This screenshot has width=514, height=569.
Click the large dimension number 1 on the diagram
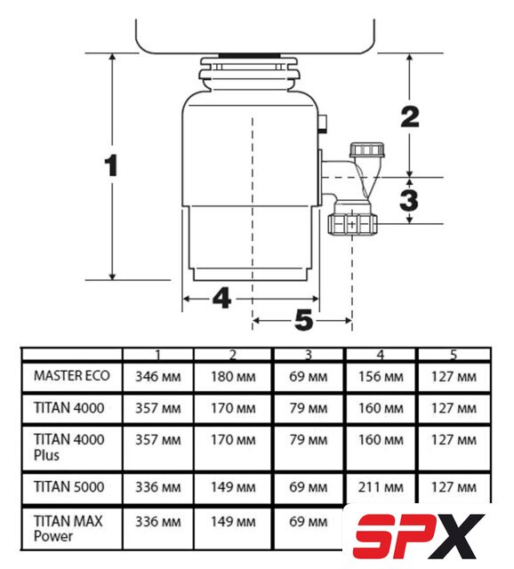click(110, 165)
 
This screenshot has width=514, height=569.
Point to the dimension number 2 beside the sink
click(410, 116)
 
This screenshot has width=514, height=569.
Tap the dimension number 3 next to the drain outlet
click(409, 199)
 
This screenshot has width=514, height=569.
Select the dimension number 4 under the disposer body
click(221, 299)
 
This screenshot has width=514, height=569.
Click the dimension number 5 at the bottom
click(304, 320)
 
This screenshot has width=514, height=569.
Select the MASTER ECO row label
click(72, 375)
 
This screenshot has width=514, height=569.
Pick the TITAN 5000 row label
click(69, 486)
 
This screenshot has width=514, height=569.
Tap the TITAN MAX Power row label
click(68, 528)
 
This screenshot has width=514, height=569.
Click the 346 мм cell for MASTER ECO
click(158, 377)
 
